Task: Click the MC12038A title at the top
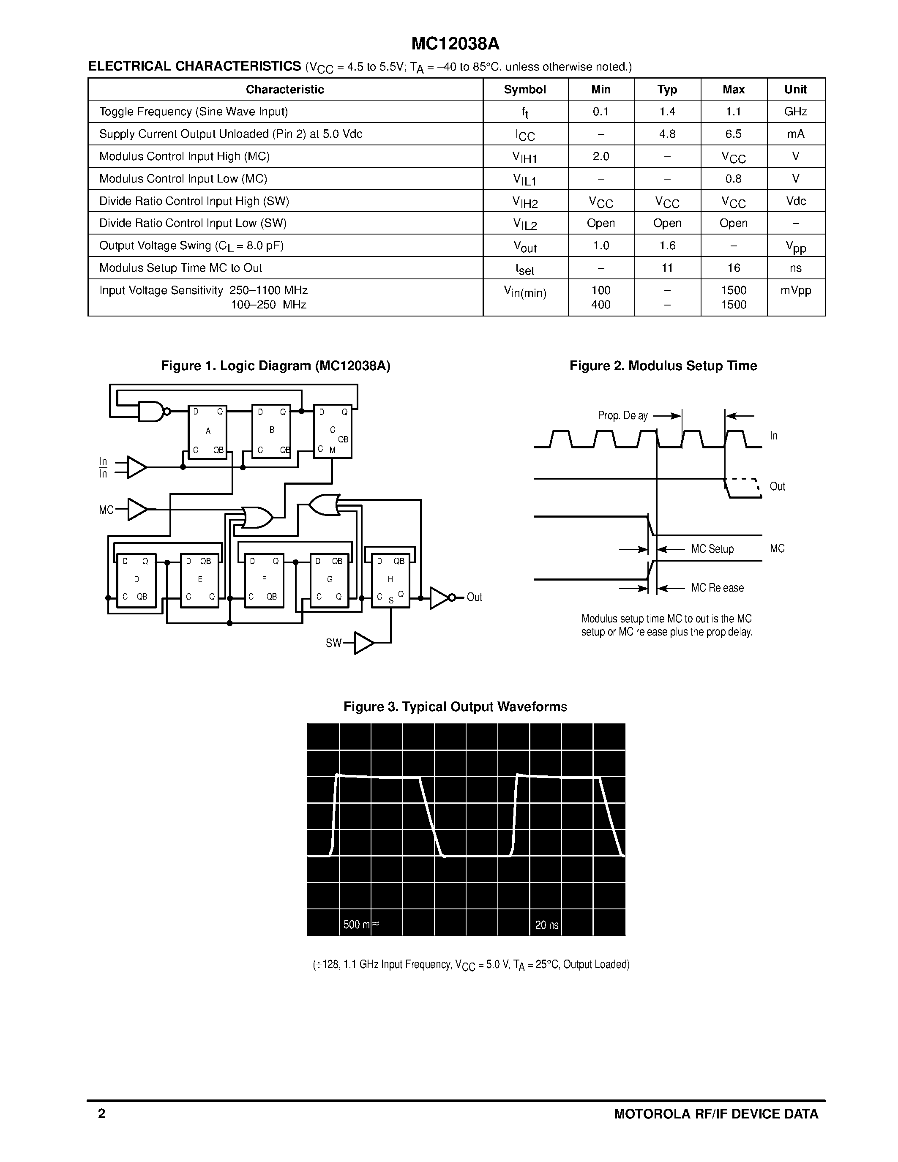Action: (456, 44)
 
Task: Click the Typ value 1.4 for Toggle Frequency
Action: (667, 112)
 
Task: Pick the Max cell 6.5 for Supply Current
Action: (733, 134)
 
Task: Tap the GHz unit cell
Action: (795, 112)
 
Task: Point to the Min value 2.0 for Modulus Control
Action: (600, 156)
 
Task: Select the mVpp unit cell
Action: (795, 291)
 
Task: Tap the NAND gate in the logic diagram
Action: (152, 411)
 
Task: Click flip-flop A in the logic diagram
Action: (207, 431)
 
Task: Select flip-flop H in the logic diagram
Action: (390, 579)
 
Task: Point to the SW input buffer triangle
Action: (363, 643)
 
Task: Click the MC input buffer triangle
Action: (137, 509)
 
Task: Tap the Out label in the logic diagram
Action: (474, 597)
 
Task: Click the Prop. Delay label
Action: (622, 415)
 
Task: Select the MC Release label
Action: (717, 588)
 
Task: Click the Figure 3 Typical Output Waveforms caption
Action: (455, 706)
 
